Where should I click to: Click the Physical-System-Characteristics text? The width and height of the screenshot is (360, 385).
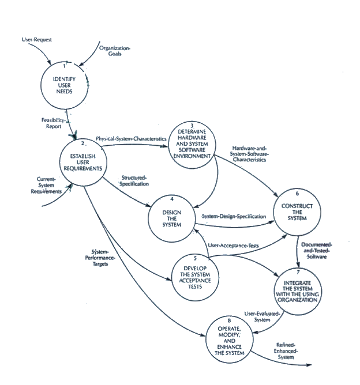point(131,139)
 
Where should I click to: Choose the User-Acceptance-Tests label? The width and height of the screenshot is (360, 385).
point(234,246)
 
